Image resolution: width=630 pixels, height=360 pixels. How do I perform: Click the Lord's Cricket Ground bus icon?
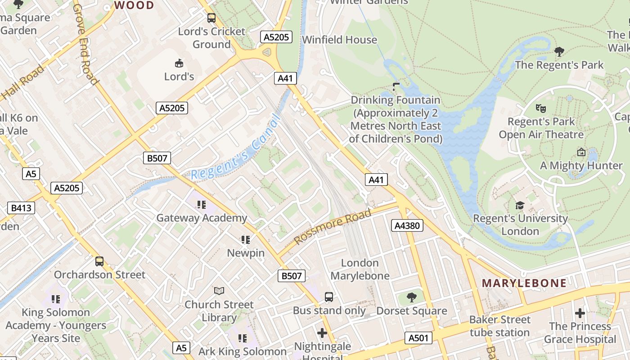point(211,18)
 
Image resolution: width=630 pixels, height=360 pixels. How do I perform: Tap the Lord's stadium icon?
point(179,63)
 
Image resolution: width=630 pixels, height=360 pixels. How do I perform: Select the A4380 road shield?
point(407,225)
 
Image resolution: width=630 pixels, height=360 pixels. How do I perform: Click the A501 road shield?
point(418,338)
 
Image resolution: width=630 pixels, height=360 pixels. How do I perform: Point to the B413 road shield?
point(21,208)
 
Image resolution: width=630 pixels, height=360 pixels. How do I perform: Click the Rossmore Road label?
point(333,227)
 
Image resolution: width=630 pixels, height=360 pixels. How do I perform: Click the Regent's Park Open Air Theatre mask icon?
point(541,108)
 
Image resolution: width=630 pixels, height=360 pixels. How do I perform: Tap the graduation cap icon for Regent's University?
point(520,205)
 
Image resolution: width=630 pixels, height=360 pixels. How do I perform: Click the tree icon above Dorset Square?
point(411,297)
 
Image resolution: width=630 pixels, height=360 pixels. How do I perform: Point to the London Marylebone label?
point(360,269)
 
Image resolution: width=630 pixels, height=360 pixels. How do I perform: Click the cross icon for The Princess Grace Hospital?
point(580,313)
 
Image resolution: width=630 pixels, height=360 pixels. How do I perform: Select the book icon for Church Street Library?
point(219,291)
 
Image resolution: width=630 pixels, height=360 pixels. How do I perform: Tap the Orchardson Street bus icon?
point(99,261)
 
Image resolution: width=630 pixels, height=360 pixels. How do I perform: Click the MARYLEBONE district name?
point(524,283)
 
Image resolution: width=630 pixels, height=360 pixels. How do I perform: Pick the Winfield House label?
point(339,40)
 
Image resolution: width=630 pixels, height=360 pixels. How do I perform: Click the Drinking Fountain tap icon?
point(396,86)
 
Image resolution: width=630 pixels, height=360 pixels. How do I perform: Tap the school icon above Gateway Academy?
point(201,205)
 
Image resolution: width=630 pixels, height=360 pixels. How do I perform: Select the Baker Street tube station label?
point(499,326)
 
